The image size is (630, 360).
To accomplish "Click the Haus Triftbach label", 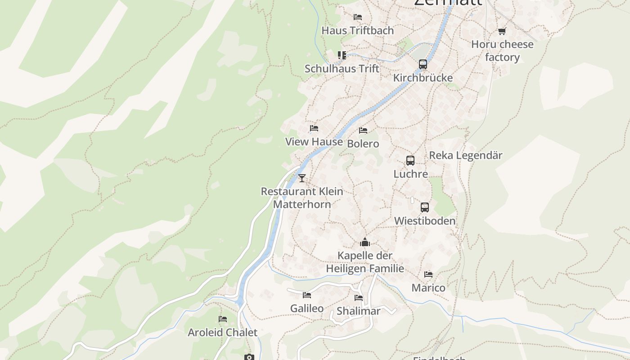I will pyautogui.click(x=357, y=31).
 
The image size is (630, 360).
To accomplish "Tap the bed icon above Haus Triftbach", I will pyautogui.click(x=358, y=17).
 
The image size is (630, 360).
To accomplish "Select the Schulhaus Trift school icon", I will pyautogui.click(x=342, y=55).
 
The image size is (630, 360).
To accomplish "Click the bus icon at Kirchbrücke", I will pyautogui.click(x=423, y=64).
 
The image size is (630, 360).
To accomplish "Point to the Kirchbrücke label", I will pyautogui.click(x=423, y=78).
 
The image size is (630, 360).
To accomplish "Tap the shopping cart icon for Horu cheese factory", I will pyautogui.click(x=502, y=31).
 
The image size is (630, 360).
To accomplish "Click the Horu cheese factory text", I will pyautogui.click(x=502, y=51).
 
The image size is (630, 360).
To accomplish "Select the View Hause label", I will pyautogui.click(x=314, y=142).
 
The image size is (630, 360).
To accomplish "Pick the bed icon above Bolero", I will pyautogui.click(x=363, y=130).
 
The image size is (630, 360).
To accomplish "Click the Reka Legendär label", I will pyautogui.click(x=465, y=155).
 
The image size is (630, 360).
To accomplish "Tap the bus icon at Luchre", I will pyautogui.click(x=410, y=161).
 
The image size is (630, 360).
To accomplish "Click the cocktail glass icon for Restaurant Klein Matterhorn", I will pyautogui.click(x=301, y=178).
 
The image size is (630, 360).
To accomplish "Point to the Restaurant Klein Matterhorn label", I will pyautogui.click(x=302, y=198).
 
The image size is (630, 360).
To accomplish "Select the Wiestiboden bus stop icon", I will pyautogui.click(x=425, y=207).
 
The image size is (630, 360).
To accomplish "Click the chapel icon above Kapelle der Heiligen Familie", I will pyautogui.click(x=364, y=243).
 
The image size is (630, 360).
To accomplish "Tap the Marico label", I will pyautogui.click(x=428, y=288).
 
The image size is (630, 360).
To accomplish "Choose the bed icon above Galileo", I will pyautogui.click(x=307, y=295).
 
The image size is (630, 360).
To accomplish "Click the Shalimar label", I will pyautogui.click(x=359, y=311).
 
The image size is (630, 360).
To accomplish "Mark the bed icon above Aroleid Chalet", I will pyautogui.click(x=222, y=319).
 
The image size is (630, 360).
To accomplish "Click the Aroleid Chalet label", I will pyautogui.click(x=222, y=333).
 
